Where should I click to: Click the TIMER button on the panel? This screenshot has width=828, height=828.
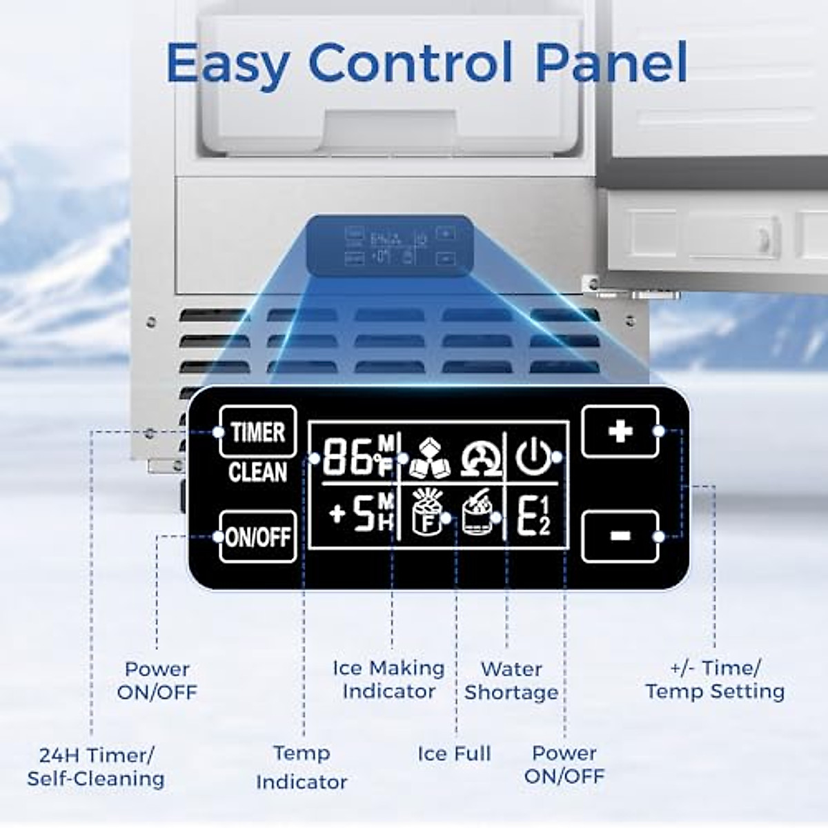257,431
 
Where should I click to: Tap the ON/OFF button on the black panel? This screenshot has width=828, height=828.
257,536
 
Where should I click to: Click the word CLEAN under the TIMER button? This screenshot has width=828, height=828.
257,473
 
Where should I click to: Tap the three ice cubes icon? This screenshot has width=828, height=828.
428,457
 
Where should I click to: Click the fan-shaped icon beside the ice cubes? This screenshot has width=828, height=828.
481,457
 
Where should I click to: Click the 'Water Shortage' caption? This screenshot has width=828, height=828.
511,680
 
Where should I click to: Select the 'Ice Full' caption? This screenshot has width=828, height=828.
454,753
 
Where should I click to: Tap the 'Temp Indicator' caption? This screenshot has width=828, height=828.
302,767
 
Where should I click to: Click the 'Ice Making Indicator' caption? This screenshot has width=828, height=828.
388,680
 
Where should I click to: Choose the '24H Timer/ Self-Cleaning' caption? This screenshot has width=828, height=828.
96,767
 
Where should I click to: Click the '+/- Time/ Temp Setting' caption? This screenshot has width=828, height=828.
715,680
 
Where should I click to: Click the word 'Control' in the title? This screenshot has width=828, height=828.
411,63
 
